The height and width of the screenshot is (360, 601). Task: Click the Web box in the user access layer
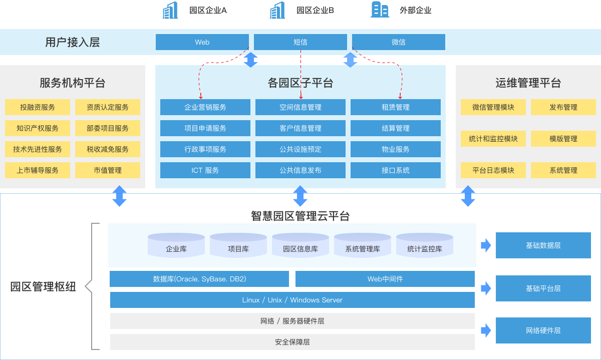pos(202,42)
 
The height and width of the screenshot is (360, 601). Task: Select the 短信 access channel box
pos(300,42)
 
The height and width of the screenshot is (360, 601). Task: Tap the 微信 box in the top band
pos(399,42)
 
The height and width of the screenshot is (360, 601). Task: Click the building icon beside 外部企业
pos(380,10)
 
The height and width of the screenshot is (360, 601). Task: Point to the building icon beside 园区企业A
pos(170,10)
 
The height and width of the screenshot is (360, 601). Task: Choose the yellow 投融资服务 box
pos(38,107)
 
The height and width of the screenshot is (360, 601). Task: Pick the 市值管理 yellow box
pos(108,170)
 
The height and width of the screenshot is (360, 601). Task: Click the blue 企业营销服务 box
pos(205,107)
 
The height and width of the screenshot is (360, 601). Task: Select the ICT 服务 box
pos(205,170)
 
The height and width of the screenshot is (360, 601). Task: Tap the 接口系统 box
pos(396,170)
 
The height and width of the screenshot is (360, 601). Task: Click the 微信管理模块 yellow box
pos(493,107)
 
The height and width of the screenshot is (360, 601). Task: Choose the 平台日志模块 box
pos(493,170)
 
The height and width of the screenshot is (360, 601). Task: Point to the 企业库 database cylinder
pos(176,245)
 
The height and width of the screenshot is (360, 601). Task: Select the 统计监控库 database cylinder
pos(425,245)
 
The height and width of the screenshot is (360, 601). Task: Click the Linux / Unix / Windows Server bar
pos(292,300)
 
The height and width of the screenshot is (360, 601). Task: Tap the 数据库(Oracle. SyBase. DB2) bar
pos(199,279)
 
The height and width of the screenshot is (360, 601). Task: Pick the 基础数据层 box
pos(543,245)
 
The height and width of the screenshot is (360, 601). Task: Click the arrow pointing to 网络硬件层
pos(486,330)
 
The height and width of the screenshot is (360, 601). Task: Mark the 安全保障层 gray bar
pos(292,342)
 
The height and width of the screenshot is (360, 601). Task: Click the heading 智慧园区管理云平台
pos(300,216)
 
